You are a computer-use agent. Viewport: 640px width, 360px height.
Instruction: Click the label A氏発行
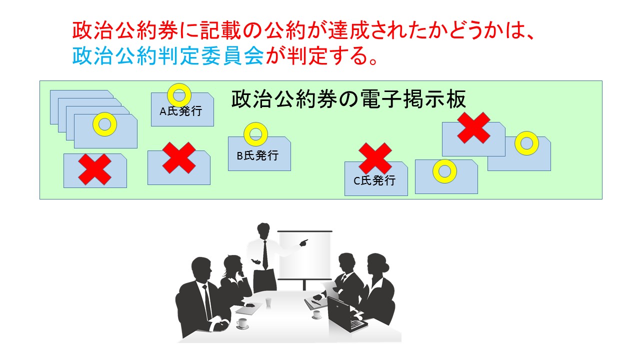181,111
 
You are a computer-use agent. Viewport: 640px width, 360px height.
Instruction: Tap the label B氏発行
257,155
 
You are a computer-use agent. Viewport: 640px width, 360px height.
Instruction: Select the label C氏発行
374,180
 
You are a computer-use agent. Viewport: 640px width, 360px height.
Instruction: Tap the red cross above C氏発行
375,158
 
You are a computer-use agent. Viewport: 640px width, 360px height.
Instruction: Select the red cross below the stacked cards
94,169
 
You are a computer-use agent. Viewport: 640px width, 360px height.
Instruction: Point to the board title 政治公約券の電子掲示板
348,99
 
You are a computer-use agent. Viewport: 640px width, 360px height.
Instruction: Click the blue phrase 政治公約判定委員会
168,55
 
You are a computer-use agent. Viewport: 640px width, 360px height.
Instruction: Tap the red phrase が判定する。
322,55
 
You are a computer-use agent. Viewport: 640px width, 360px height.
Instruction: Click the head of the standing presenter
263,230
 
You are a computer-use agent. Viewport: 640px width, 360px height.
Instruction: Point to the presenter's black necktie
265,255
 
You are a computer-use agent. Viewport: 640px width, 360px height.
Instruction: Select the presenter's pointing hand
303,243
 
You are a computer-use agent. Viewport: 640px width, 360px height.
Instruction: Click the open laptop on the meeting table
345,314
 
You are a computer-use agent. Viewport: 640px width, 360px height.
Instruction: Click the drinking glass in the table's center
268,302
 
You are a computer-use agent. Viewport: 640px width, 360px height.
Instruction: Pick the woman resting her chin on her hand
235,278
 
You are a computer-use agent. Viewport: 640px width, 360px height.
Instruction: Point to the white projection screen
305,255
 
